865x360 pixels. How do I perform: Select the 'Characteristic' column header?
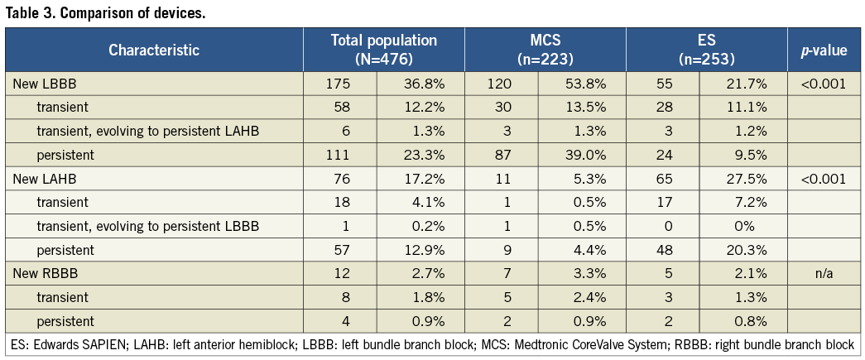154,50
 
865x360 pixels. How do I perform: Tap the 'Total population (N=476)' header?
383,50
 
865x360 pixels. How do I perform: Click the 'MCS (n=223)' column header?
545,50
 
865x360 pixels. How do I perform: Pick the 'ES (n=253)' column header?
706,50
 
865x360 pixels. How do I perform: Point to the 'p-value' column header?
823,50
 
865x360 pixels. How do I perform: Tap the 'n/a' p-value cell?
823,274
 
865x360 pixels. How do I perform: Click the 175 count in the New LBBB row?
339,84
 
